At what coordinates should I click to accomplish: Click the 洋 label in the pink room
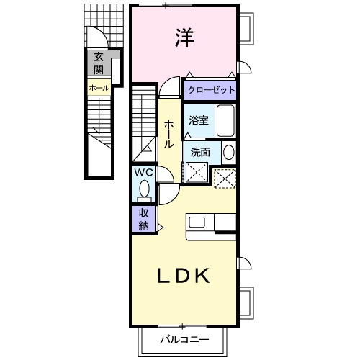coord(184,38)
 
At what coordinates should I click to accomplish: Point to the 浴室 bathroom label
coord(198,121)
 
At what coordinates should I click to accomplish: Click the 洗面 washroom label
coord(201,152)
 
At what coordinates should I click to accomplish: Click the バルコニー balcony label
coord(184,339)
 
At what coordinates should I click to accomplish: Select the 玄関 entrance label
coord(96,64)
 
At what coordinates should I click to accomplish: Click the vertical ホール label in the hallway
coord(168,134)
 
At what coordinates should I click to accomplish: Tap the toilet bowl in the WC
coord(144,191)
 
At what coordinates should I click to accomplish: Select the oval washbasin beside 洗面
coord(228,153)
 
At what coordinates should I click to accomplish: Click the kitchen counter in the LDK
coord(210,228)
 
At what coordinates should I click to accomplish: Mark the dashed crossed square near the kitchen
coord(225,177)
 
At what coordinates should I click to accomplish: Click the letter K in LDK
coord(201,276)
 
